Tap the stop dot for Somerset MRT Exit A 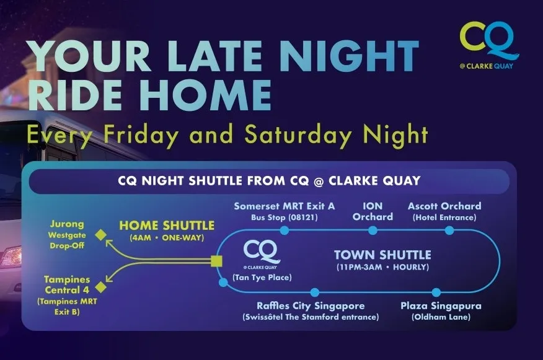(x=284, y=230)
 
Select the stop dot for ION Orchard (x=373, y=230)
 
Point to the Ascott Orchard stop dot (x=450, y=230)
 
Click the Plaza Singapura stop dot (x=436, y=292)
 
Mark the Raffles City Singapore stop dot (x=314, y=292)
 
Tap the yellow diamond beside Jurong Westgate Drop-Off (x=100, y=234)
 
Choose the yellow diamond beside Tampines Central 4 (x=100, y=287)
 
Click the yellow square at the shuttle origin (x=216, y=261)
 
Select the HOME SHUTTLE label (x=167, y=226)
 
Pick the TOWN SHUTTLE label (x=382, y=255)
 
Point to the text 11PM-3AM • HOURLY (x=382, y=267)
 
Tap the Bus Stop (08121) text (x=284, y=217)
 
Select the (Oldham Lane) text (x=441, y=317)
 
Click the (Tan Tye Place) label (x=262, y=277)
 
